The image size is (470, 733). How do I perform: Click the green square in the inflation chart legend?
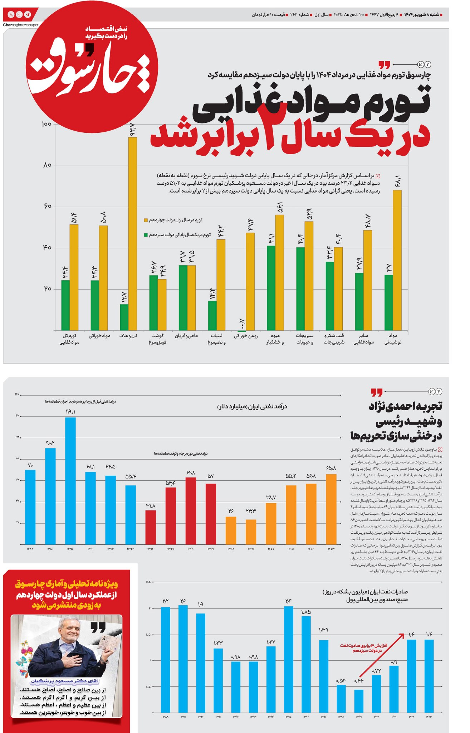click(x=146, y=235)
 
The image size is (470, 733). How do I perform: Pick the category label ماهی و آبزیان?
click(x=186, y=336)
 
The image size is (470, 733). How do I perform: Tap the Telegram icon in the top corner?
click(x=28, y=15)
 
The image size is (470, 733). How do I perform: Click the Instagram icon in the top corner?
click(x=19, y=15)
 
